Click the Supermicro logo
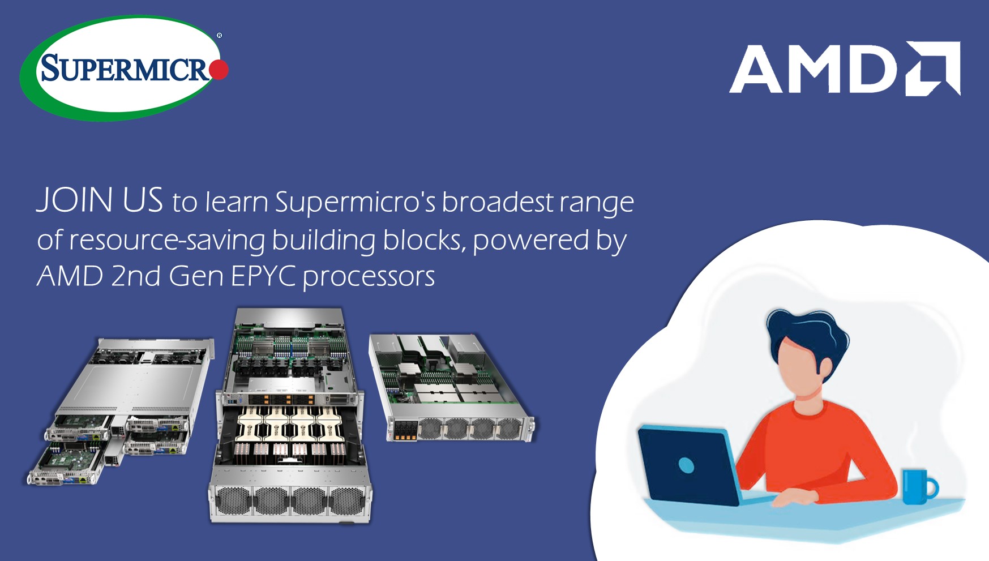pos(124,68)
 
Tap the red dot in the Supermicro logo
pos(219,70)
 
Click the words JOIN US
pos(100,200)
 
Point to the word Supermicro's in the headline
pos(355,202)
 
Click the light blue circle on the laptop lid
pos(686,465)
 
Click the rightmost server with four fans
pos(452,388)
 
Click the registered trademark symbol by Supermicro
pos(220,36)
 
